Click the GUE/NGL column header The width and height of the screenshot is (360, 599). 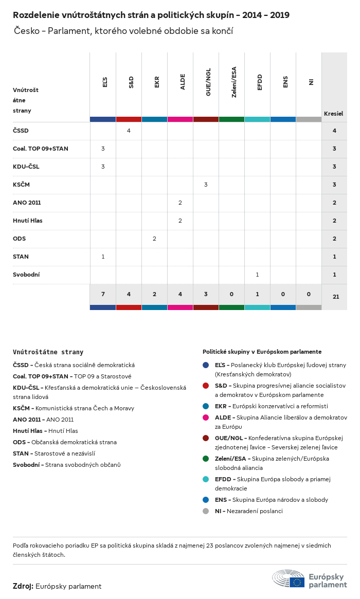208,85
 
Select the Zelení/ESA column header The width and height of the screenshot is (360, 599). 234,82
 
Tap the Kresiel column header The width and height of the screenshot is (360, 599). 333,113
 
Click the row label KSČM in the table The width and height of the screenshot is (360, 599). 20,185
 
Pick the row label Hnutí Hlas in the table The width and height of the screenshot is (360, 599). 28,221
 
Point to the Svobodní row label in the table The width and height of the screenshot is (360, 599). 26,275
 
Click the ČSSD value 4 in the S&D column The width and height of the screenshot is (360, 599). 129,131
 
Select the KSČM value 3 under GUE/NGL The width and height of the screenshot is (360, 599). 206,185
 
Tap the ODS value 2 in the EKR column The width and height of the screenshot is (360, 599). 154,239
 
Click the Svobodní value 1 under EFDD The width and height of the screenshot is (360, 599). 257,275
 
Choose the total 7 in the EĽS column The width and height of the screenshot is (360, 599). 103,294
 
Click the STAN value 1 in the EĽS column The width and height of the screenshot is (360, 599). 103,257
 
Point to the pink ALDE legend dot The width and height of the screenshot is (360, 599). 206,418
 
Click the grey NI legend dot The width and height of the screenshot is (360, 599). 206,511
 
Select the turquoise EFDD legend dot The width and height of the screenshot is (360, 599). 206,479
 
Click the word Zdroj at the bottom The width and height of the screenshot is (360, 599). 23,586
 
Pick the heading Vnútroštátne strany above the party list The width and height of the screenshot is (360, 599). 48,352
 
